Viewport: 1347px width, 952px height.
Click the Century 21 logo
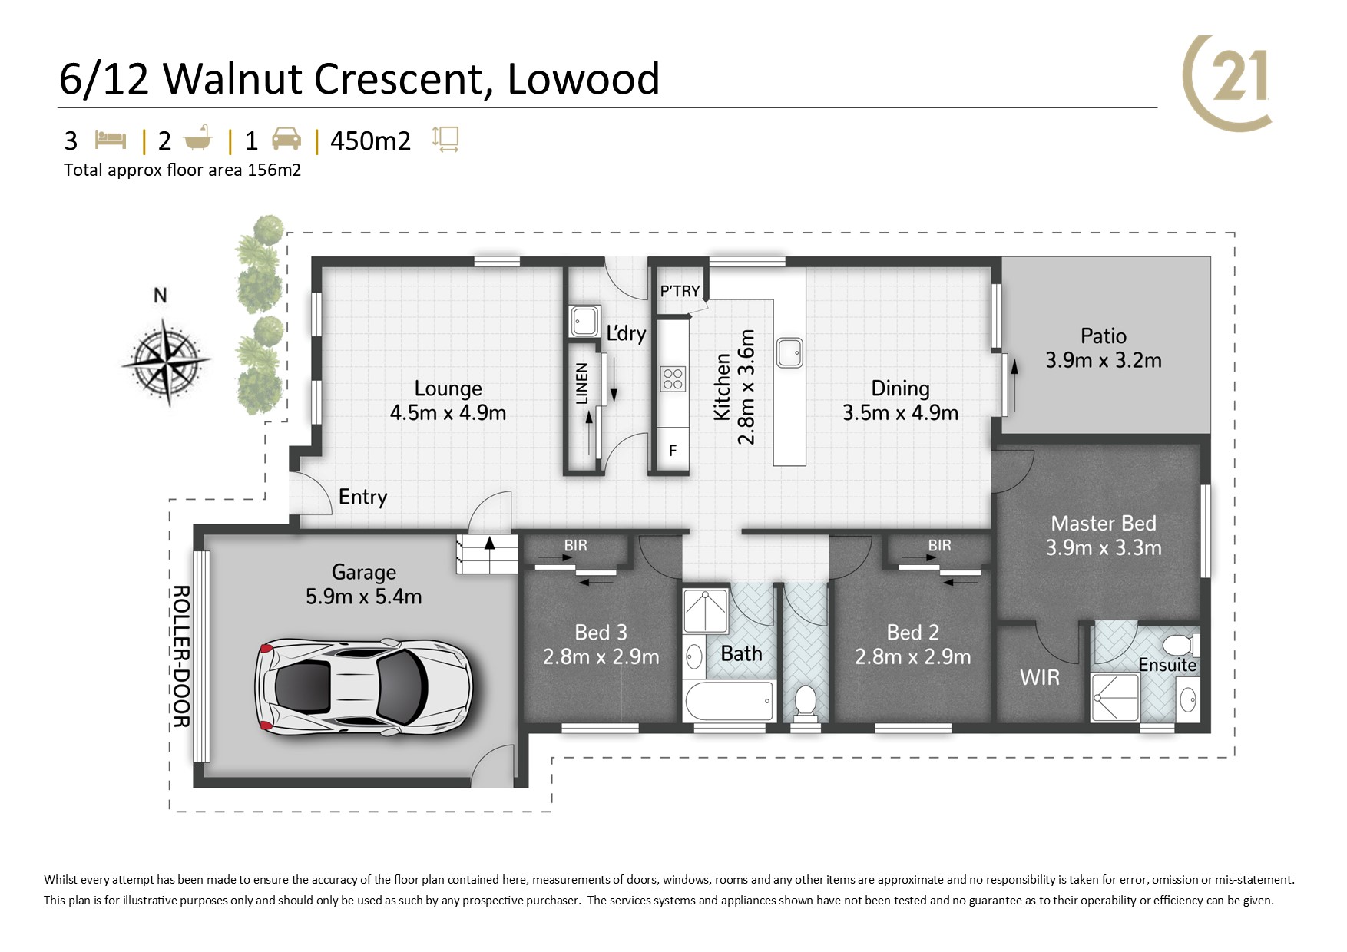[x=1227, y=83]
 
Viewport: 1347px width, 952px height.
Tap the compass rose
[x=166, y=360]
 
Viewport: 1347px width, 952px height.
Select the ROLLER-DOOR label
[x=181, y=656]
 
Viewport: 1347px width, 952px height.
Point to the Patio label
[x=1104, y=336]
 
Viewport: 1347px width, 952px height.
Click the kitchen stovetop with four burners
[x=673, y=379]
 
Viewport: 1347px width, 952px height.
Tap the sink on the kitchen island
[x=789, y=352]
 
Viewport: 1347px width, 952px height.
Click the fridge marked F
[x=673, y=451]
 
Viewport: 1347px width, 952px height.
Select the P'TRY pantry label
[x=680, y=291]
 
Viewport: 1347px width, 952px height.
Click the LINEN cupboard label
[x=582, y=384]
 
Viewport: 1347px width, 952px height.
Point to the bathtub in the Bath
[x=728, y=701]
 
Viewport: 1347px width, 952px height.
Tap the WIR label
[x=1040, y=677]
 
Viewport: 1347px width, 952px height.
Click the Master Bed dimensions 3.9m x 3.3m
[x=1104, y=547]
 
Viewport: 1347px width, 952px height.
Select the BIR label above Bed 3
[x=575, y=545]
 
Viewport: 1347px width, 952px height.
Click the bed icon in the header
[x=111, y=140]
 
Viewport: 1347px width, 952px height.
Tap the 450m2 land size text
[x=370, y=140]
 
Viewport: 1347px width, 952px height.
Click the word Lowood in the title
[x=584, y=78]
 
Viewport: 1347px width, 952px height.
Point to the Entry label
[x=362, y=497]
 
